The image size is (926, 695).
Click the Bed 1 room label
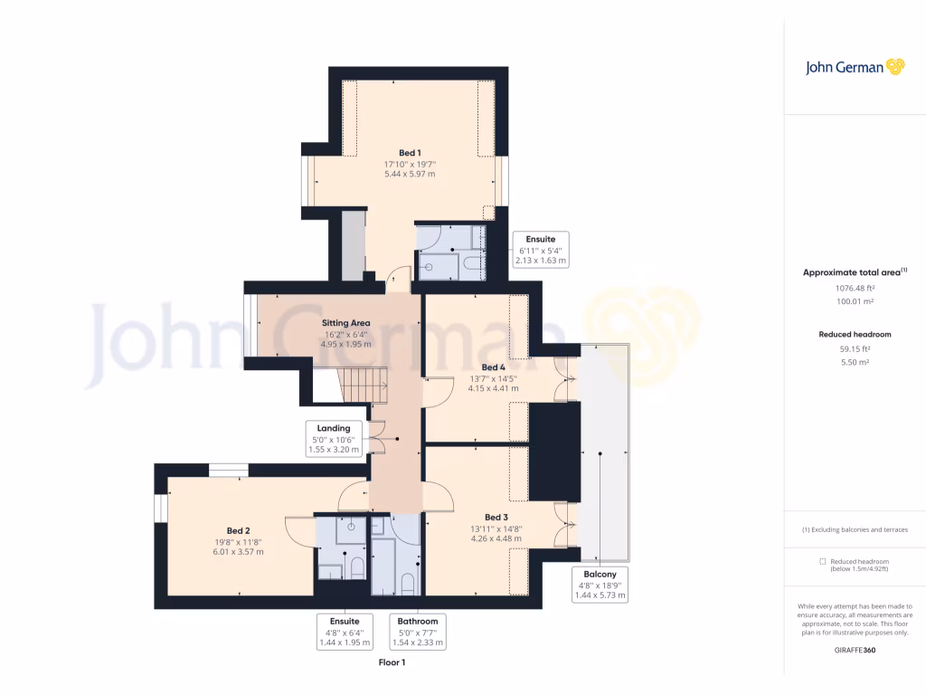(410, 153)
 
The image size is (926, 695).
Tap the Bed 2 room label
(238, 531)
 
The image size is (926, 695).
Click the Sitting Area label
(346, 323)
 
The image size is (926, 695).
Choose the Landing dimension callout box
(334, 438)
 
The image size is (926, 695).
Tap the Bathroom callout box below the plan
(417, 632)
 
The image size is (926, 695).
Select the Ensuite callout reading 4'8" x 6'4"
(345, 632)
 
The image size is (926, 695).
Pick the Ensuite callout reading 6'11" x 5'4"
(540, 250)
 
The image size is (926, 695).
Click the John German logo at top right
(854, 66)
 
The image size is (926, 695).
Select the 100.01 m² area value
(855, 302)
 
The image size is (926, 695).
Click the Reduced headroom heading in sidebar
(855, 335)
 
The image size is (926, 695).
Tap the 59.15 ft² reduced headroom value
(855, 349)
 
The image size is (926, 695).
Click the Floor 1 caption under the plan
(392, 663)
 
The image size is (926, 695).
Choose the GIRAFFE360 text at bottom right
(855, 650)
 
